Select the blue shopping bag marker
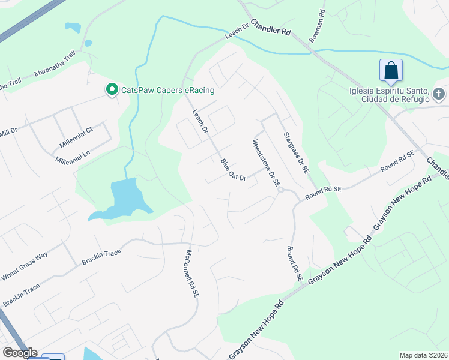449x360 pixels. click(x=391, y=71)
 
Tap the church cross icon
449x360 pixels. click(x=439, y=95)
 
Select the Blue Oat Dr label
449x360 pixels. click(x=233, y=170)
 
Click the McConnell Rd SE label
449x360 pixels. click(x=192, y=274)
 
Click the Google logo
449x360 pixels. click(x=19, y=353)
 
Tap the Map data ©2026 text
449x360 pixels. click(x=423, y=355)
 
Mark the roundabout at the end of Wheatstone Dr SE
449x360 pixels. click(x=280, y=190)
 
